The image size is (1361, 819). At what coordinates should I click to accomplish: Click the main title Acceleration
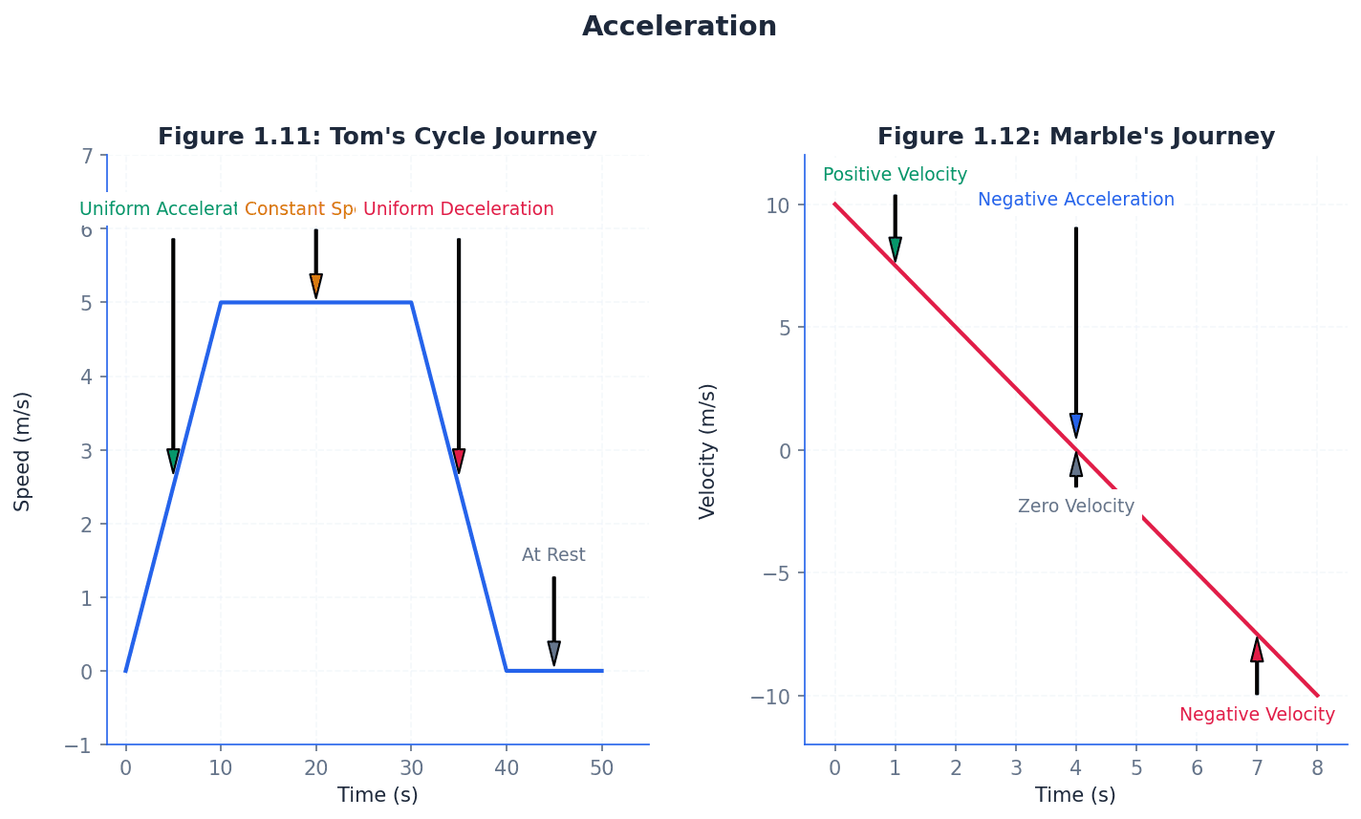coord(680,27)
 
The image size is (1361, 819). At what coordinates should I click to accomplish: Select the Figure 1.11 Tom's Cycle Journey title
coord(377,137)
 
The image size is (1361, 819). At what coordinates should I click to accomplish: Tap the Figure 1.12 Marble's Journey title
coord(1075,137)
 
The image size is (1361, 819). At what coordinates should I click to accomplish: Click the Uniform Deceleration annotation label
coord(458,209)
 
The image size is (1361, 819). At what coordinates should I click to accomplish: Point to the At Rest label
coord(553,555)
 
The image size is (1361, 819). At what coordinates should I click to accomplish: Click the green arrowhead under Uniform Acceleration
coord(173,461)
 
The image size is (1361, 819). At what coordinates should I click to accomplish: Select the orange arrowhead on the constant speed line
coord(315,286)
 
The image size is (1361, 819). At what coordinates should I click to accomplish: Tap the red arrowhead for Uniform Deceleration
coord(459,461)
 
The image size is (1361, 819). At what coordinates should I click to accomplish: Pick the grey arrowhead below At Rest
coord(553,653)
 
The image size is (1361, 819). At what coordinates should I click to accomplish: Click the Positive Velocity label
coord(895,175)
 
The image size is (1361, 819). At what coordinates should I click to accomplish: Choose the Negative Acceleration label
coord(1075,200)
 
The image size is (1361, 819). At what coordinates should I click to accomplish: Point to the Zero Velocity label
coord(1075,506)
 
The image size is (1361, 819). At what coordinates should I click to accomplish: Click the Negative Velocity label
coord(1256,715)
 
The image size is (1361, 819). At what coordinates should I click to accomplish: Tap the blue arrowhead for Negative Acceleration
coord(1076,425)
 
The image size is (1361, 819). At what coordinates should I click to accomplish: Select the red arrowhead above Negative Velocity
coord(1257,651)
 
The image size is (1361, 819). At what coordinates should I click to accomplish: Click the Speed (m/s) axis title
coord(23,450)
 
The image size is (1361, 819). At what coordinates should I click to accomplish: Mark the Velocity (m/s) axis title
coord(707,450)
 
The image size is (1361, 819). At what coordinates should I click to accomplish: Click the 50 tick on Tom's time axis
coord(602,768)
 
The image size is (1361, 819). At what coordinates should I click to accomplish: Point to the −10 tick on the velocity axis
coord(770,696)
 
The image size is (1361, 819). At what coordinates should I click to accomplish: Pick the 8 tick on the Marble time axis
coord(1317,768)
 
